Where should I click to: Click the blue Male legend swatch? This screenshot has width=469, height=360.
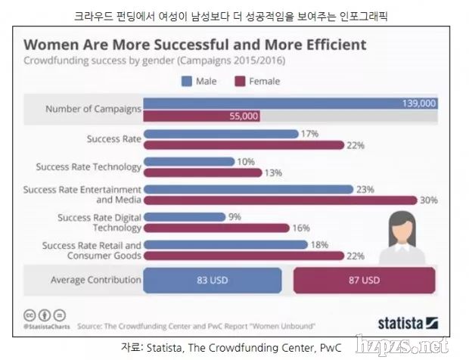[186, 81]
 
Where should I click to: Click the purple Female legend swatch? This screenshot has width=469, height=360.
[241, 81]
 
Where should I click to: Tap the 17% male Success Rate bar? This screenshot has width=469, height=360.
[221, 133]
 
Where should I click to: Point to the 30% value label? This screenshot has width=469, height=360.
[428, 200]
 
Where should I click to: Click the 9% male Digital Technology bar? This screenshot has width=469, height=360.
[184, 216]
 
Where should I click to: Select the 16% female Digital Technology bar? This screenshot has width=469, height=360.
[216, 228]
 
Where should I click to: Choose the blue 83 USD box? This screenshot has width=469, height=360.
[213, 280]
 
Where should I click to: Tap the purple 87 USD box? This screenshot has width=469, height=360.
[364, 280]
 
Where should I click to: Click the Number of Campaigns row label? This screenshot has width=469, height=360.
[93, 109]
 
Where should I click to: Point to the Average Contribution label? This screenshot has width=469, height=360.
[95, 280]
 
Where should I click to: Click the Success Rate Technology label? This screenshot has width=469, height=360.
[89, 166]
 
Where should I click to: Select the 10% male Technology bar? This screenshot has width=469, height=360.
[188, 161]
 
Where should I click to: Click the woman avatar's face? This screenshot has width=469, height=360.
[402, 226]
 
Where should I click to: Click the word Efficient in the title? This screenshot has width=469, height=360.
[328, 45]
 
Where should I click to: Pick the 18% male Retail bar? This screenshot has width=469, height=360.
[225, 244]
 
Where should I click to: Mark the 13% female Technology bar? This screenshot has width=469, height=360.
[202, 172]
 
